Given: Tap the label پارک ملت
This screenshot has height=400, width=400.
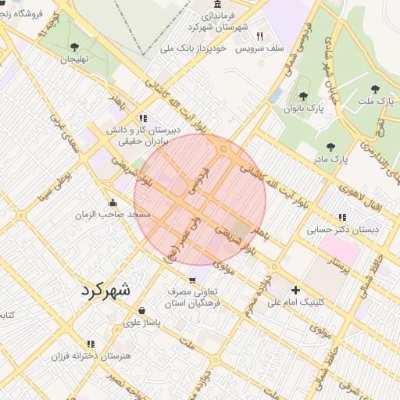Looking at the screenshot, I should pos(379,101).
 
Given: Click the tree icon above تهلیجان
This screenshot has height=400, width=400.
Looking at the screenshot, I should pos(74,47).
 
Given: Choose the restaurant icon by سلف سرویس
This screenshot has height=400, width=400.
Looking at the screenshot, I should pos(260,36).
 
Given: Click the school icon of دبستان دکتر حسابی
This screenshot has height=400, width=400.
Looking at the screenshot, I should pos(342,218).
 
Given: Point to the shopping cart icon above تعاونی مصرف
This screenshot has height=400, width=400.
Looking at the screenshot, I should pos(192,280).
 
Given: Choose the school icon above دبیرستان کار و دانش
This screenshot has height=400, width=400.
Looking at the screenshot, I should pos(143,118).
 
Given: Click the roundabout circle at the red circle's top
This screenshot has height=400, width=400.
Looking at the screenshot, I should pos(224,148).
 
